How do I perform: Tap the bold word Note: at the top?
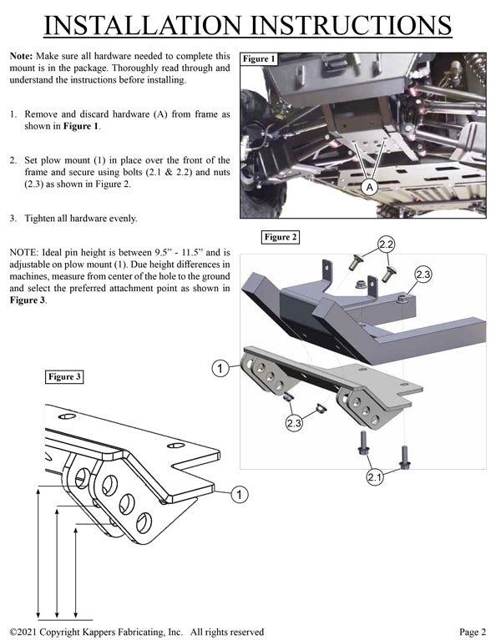click(x=21, y=55)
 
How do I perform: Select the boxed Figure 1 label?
click(x=257, y=59)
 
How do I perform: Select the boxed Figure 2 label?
click(x=281, y=237)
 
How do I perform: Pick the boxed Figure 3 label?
click(x=64, y=377)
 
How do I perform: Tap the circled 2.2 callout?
click(x=386, y=244)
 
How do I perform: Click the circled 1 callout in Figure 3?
click(x=239, y=496)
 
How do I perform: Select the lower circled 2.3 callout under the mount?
click(x=294, y=424)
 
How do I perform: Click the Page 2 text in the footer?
click(x=473, y=632)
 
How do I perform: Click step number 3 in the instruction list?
click(x=13, y=219)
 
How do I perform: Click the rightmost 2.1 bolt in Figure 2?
click(x=405, y=456)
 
